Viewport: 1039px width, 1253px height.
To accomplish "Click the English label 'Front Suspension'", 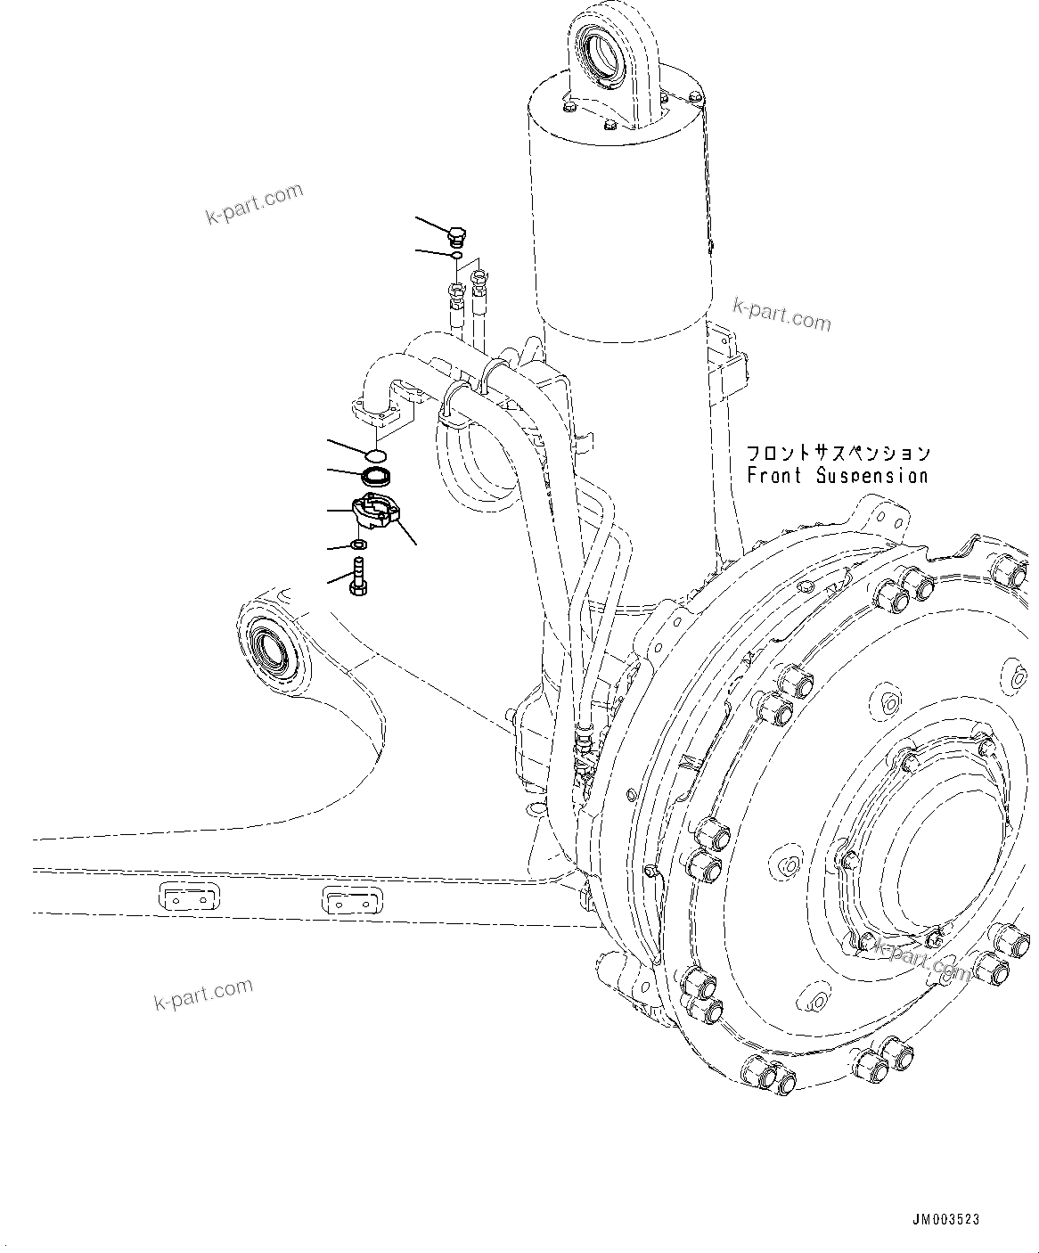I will [x=837, y=477].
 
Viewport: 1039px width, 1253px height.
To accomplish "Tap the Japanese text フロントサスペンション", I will [x=838, y=454].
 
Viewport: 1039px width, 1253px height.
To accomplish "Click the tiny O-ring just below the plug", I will [x=455, y=257].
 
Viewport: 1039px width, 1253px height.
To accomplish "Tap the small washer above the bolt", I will [x=359, y=545].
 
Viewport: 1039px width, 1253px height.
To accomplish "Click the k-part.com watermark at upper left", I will [x=254, y=204].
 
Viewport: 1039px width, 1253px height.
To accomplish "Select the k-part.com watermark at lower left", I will [x=204, y=994].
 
